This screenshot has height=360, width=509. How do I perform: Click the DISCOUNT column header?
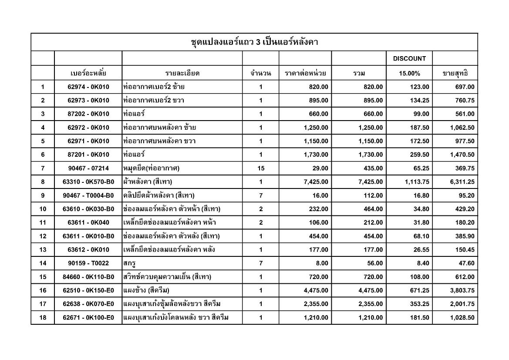click(x=409, y=58)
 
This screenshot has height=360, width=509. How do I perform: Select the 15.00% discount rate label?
click(x=409, y=73)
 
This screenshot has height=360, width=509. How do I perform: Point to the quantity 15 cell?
click(x=260, y=168)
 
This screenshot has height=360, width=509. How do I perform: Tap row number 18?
click(x=43, y=317)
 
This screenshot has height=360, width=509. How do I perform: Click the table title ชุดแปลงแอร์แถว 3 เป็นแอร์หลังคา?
click(x=254, y=42)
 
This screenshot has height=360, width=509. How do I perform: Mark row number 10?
click(x=43, y=209)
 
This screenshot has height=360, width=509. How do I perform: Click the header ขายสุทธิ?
click(x=455, y=73)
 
